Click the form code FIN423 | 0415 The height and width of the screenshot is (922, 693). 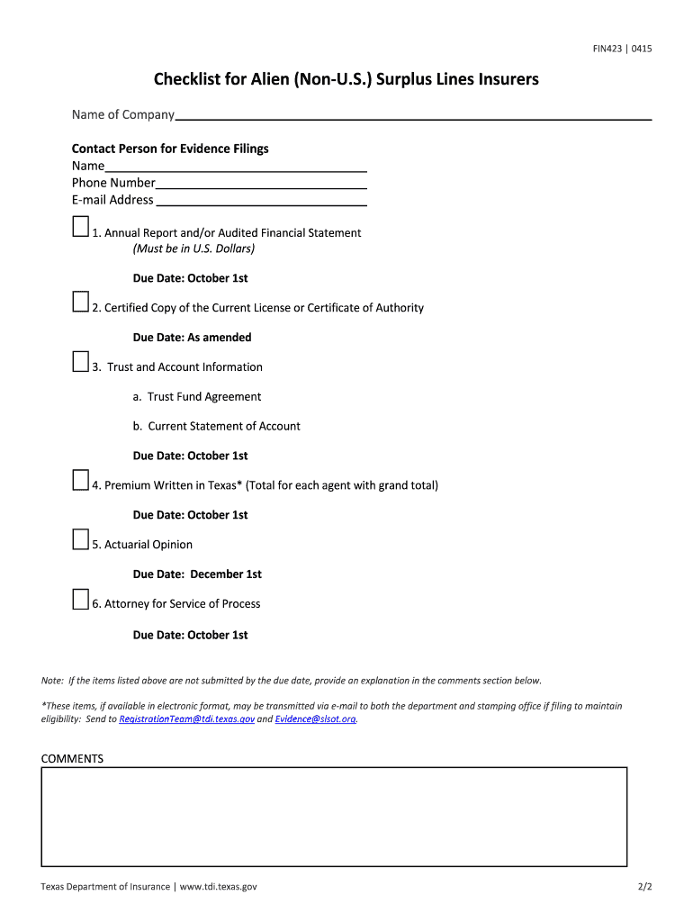point(622,49)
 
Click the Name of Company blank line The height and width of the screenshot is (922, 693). point(413,114)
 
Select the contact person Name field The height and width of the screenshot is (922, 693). point(236,166)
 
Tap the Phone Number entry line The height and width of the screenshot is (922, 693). point(261,183)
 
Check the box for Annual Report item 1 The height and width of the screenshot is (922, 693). point(81,227)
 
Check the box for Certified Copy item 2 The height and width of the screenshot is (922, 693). point(81,302)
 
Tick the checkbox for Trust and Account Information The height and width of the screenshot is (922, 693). point(81,361)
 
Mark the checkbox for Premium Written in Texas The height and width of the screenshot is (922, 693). point(81,480)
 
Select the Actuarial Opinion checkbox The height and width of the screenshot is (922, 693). point(81,539)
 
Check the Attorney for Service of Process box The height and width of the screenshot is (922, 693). point(81,599)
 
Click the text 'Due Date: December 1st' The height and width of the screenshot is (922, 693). point(197,574)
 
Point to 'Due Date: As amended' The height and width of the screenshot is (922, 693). point(192,338)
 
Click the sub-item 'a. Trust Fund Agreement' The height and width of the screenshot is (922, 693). point(197,397)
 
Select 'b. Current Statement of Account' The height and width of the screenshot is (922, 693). point(217,427)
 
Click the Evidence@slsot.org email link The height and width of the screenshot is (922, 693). point(316,719)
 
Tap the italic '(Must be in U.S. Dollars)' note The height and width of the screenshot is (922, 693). point(193,249)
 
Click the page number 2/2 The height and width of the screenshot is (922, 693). point(643,887)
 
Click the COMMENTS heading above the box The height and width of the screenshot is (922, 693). point(72,759)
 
